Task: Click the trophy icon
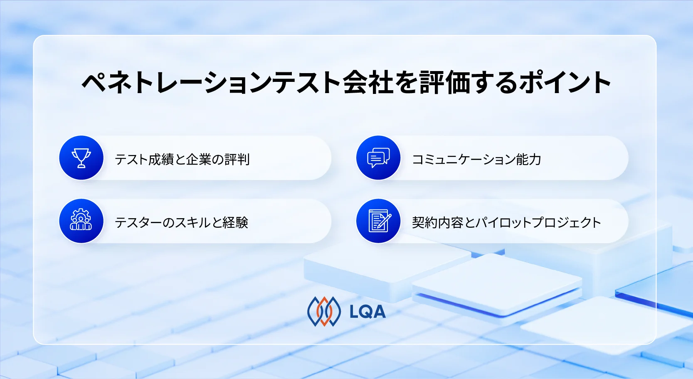pos(81,158)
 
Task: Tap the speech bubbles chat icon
pos(378,158)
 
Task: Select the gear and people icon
pos(81,221)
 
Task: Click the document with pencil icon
pos(378,221)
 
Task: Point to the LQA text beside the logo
pos(367,312)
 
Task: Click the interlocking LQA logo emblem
pos(323,311)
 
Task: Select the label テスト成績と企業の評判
pos(182,159)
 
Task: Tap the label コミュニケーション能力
pos(476,159)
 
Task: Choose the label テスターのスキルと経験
pos(181,222)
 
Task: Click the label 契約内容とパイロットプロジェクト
pos(506,222)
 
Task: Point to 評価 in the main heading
pos(445,82)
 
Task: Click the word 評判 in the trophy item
pos(237,159)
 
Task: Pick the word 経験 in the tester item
pos(235,222)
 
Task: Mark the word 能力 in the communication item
pos(528,159)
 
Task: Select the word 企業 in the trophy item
pos(199,159)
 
